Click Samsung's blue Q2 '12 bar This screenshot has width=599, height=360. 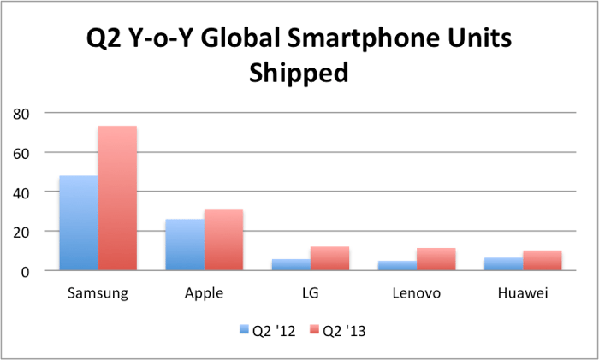click(x=78, y=223)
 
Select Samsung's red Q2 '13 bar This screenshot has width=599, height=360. click(x=117, y=198)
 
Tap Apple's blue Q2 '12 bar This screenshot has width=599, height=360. click(x=185, y=245)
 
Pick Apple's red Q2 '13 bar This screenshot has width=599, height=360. click(x=223, y=239)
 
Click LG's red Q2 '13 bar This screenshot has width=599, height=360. click(x=330, y=258)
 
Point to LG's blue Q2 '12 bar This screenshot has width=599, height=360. click(x=291, y=265)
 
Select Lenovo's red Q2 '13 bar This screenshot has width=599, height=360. click(x=436, y=259)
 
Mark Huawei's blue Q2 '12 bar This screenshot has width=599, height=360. click(x=504, y=264)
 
